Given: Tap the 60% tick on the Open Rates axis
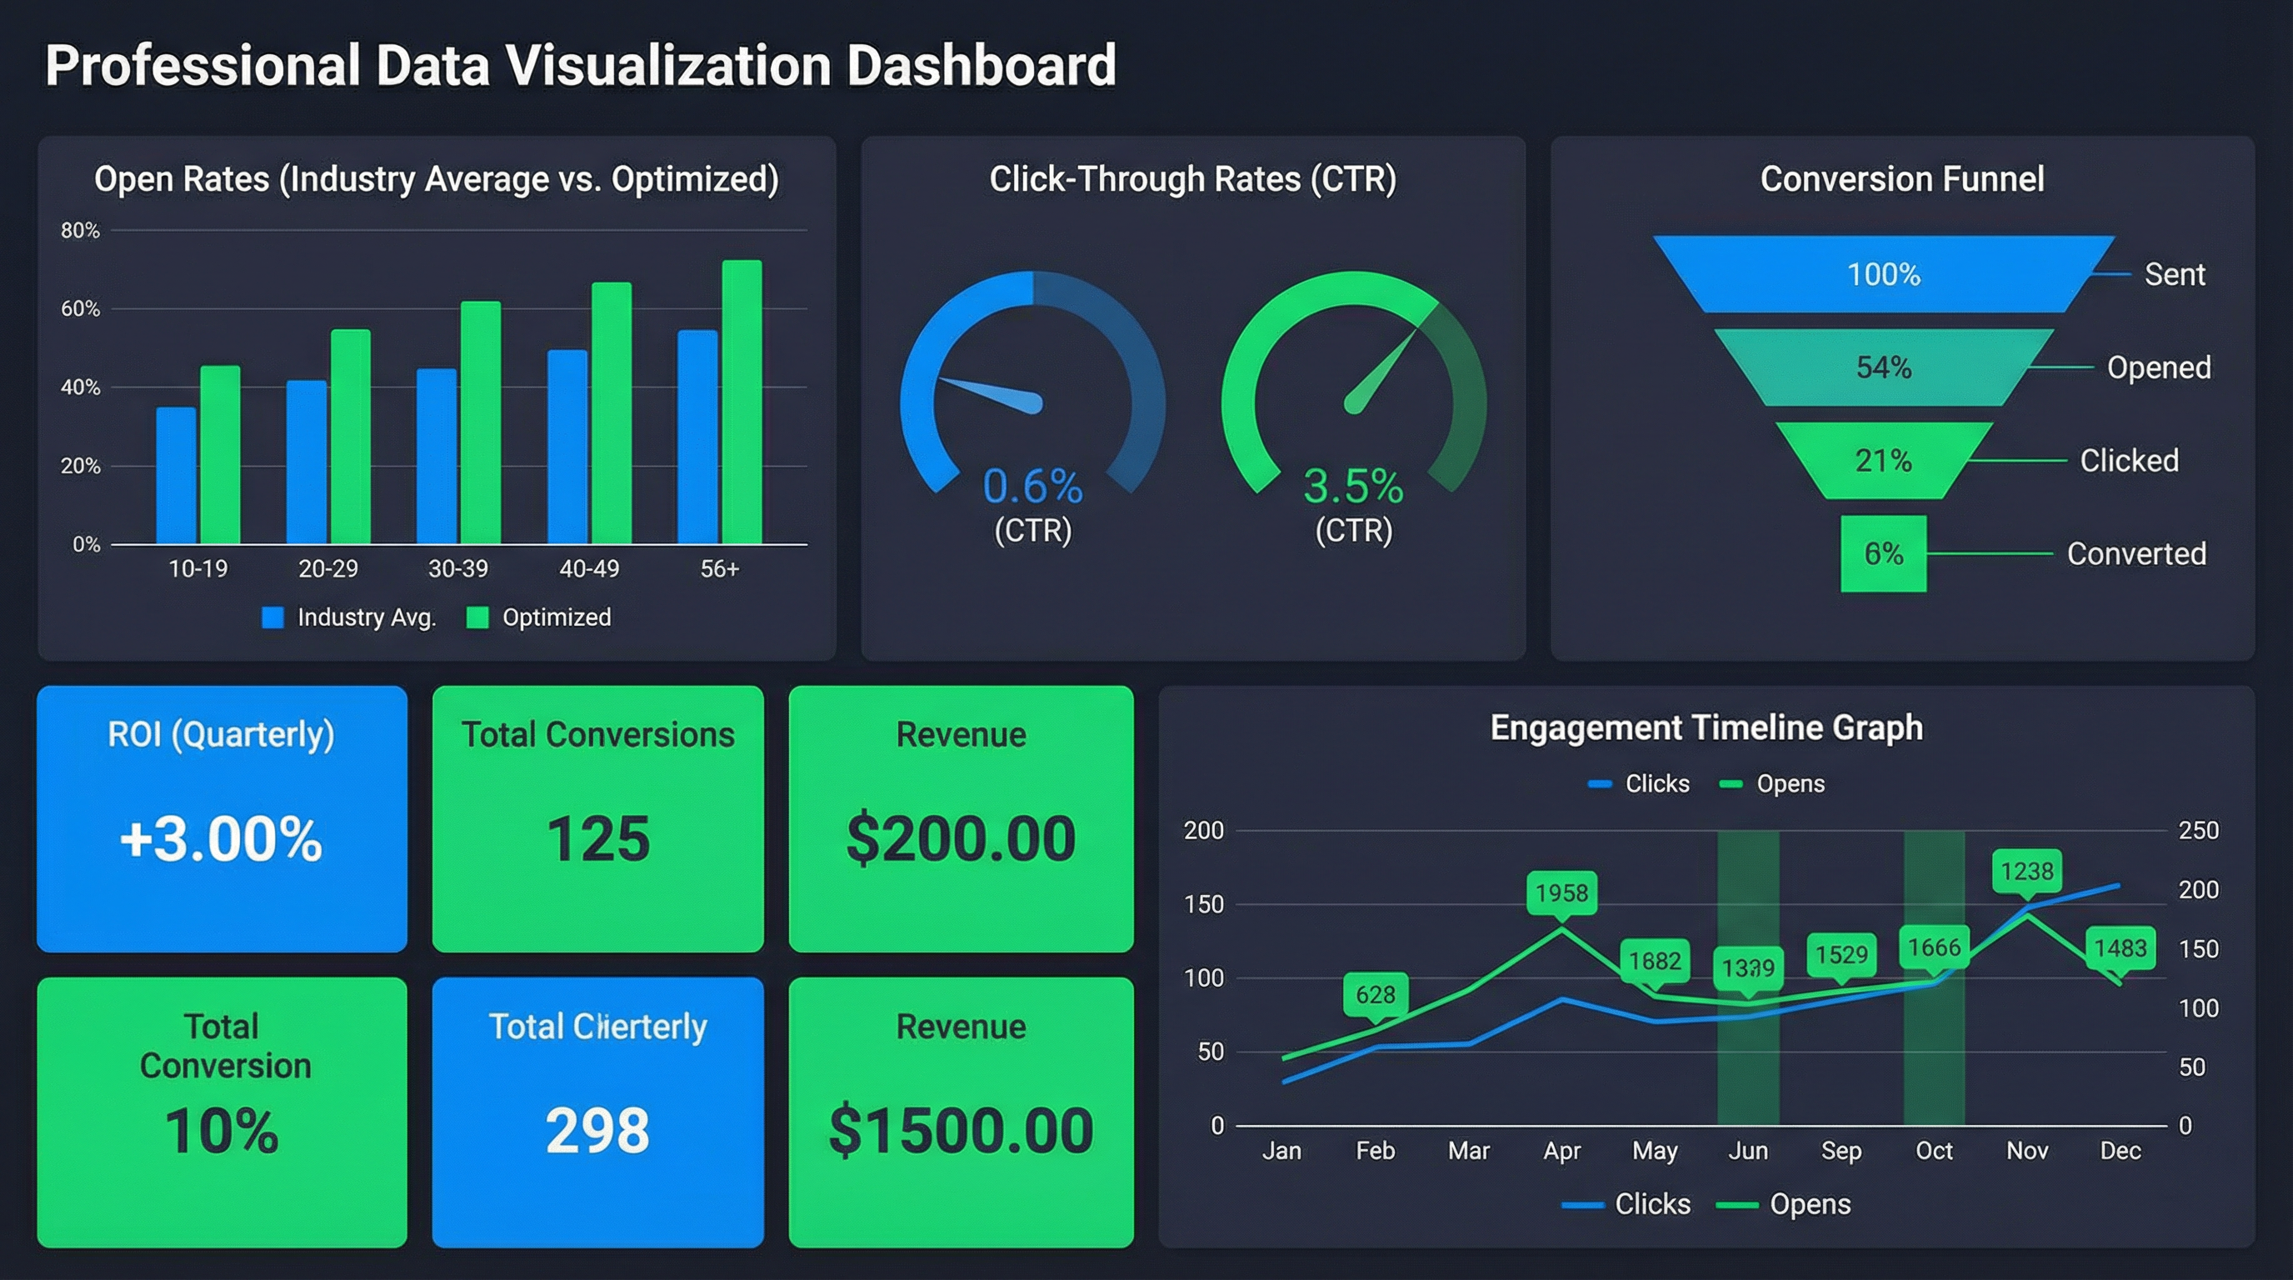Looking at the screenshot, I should tap(80, 309).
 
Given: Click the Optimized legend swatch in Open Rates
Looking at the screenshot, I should tap(478, 617).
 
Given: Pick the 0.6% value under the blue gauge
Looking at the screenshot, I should tap(1032, 486).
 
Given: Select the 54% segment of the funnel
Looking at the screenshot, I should tap(1884, 367).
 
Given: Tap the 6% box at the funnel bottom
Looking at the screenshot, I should tap(1884, 553).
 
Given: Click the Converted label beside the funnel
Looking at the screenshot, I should tap(2136, 553).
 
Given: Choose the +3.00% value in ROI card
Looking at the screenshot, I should tap(221, 838).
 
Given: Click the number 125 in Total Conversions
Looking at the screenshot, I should tap(597, 838).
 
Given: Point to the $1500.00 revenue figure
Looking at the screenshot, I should tap(961, 1131).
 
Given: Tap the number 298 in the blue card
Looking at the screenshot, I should tap(597, 1131).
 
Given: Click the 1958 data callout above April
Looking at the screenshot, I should tap(1561, 892).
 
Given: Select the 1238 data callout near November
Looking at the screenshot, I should tap(2027, 871).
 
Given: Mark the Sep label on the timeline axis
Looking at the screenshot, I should tap(1841, 1151).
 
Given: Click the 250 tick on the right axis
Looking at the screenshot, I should tap(2198, 831).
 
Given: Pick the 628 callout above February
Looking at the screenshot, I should tap(1376, 994).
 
